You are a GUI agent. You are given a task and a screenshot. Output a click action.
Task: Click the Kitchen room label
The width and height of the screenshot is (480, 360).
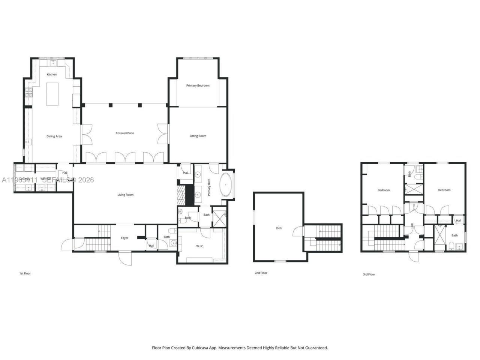pyautogui.click(x=52, y=74)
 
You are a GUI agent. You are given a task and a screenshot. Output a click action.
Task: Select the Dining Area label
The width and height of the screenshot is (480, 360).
pyautogui.click(x=54, y=136)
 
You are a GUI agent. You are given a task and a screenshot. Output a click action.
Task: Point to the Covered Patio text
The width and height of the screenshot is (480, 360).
pyautogui.click(x=125, y=133)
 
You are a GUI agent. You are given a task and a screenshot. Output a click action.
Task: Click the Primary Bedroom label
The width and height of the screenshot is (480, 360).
pyautogui.click(x=198, y=85)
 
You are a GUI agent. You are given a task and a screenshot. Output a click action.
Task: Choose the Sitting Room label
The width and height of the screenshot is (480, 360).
pyautogui.click(x=198, y=136)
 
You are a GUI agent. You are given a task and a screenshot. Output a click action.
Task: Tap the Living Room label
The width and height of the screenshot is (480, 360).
pyautogui.click(x=125, y=195)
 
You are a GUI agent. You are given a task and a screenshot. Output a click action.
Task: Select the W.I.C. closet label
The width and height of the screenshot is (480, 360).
pyautogui.click(x=199, y=246)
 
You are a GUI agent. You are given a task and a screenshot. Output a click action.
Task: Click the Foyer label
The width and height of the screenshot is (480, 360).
pyautogui.click(x=124, y=238)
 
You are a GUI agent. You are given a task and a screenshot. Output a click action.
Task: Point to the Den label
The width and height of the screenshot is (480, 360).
pyautogui.click(x=279, y=228)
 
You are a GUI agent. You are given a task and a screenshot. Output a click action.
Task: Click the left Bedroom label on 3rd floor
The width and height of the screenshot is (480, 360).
pyautogui.click(x=384, y=190)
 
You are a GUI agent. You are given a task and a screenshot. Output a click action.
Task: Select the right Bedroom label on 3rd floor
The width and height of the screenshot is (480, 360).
pyautogui.click(x=444, y=190)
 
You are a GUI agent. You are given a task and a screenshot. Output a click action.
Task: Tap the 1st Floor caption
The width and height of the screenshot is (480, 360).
pyautogui.click(x=25, y=274)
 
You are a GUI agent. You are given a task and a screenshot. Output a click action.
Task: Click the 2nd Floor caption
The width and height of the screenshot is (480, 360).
pyautogui.click(x=261, y=273)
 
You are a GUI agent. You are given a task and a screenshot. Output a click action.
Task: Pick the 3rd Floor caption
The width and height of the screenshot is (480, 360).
pyautogui.click(x=369, y=274)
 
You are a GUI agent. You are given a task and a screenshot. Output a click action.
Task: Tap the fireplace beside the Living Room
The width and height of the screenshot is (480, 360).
pyautogui.click(x=181, y=195)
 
